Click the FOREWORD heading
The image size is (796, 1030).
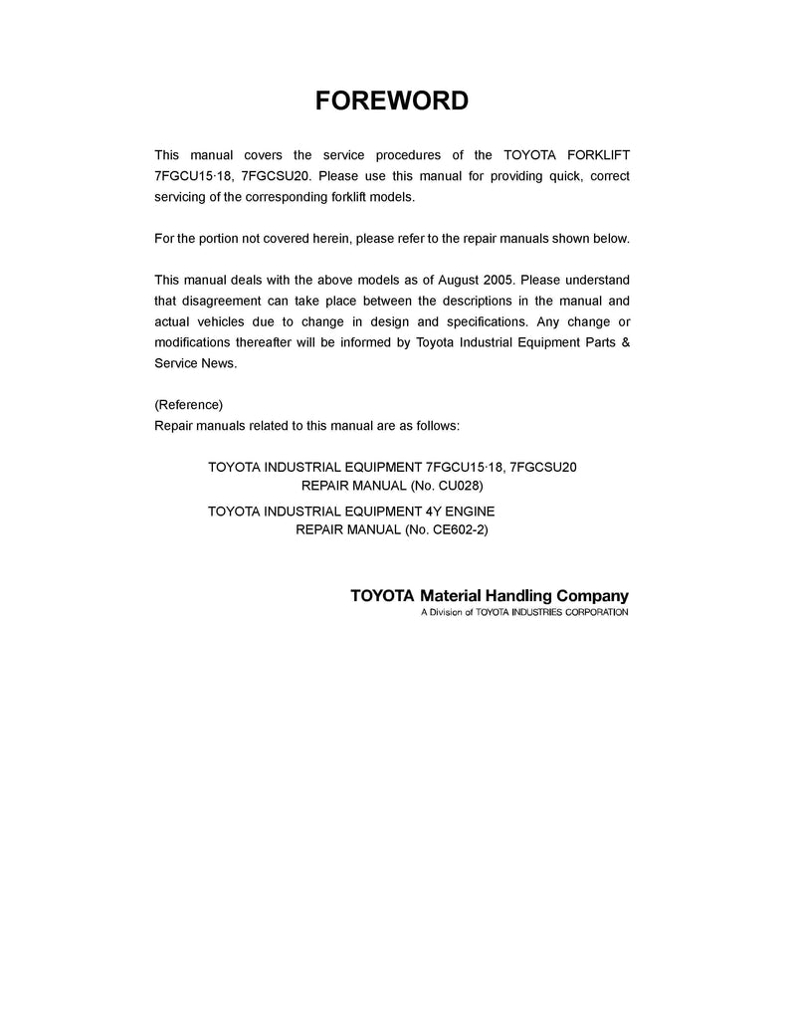pyautogui.click(x=391, y=101)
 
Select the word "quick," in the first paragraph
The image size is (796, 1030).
pyautogui.click(x=549, y=176)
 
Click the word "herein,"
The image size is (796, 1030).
pyautogui.click(x=346, y=239)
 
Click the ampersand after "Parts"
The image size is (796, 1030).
pyautogui.click(x=624, y=343)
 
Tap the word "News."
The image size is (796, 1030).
pyautogui.click(x=220, y=364)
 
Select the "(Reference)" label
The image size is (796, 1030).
pyautogui.click(x=189, y=405)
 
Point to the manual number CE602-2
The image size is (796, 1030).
pyautogui.click(x=457, y=529)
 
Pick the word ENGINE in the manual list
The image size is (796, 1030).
pyautogui.click(x=468, y=511)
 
